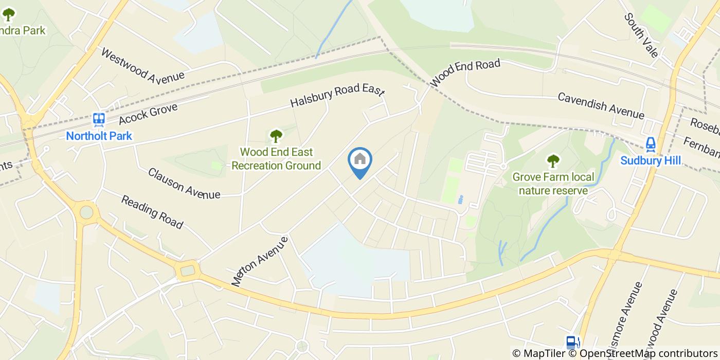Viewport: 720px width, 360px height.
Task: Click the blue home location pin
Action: click(x=360, y=161)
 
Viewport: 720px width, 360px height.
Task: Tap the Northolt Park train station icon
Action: click(x=99, y=120)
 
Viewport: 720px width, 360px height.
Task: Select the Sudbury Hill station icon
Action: click(x=651, y=145)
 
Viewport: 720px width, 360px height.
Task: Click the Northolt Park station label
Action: click(x=99, y=136)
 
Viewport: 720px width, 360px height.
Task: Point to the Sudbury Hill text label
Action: click(x=651, y=160)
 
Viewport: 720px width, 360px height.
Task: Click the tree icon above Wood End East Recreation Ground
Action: click(x=276, y=136)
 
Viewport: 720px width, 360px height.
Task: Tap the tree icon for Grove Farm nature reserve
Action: click(x=553, y=161)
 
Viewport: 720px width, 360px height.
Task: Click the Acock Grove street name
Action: click(x=148, y=114)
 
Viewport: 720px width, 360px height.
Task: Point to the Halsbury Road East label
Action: click(x=337, y=96)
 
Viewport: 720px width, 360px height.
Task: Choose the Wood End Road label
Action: click(x=465, y=73)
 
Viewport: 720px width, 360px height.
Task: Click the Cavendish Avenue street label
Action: click(x=601, y=105)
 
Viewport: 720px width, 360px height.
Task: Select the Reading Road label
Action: click(x=152, y=211)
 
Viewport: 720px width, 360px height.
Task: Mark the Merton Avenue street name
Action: click(x=260, y=261)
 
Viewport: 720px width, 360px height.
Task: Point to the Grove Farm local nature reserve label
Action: click(x=553, y=184)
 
